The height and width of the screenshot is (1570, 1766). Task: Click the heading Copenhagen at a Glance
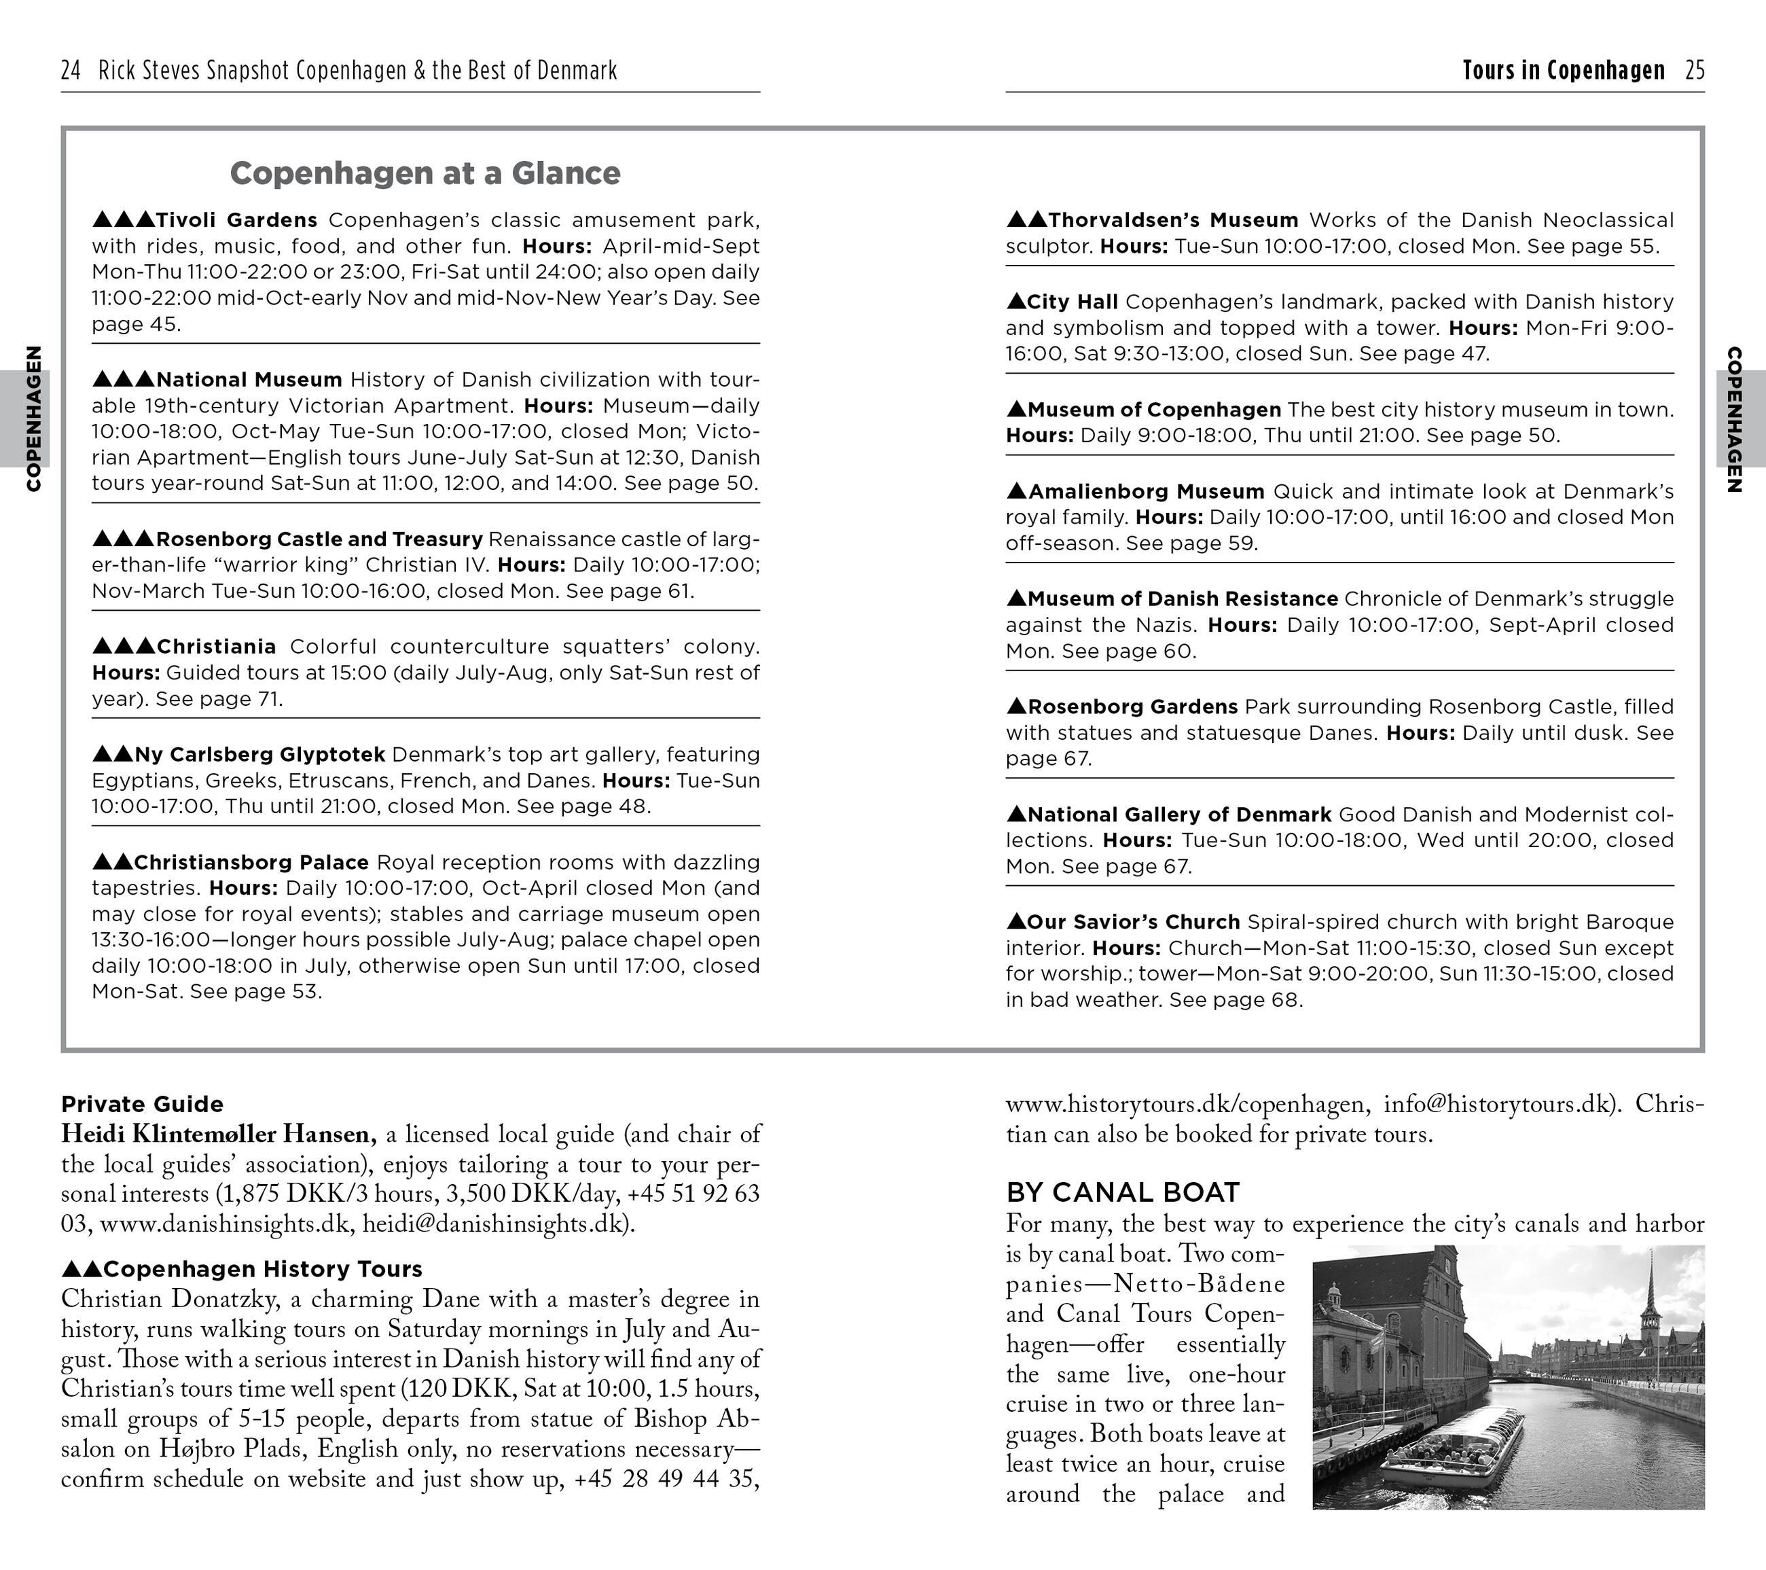click(x=425, y=173)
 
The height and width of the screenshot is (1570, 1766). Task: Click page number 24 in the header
click(x=71, y=70)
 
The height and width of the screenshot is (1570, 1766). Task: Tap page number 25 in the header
click(x=1694, y=70)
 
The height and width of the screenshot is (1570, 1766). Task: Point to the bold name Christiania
click(x=216, y=646)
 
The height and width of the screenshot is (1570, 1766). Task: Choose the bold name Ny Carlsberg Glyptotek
click(x=259, y=754)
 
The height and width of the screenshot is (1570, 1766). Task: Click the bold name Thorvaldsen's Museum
click(x=1172, y=220)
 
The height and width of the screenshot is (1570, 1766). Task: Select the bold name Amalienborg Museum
click(x=1146, y=490)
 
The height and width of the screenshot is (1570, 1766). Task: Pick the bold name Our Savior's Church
click(x=1133, y=922)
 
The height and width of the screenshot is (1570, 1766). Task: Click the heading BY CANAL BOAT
click(x=1122, y=1192)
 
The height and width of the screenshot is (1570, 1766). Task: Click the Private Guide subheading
click(x=142, y=1104)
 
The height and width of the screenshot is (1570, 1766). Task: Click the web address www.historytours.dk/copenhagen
click(x=1185, y=1104)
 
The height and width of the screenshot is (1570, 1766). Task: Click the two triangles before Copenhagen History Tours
click(x=82, y=1269)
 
